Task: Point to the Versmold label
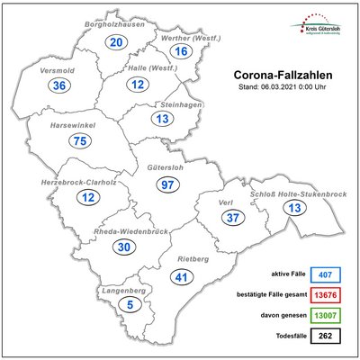click(x=58, y=70)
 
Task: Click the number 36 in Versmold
click(x=59, y=85)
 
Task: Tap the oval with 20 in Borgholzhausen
click(x=115, y=42)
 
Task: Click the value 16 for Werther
click(x=181, y=51)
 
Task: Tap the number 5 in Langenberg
click(x=108, y=305)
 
